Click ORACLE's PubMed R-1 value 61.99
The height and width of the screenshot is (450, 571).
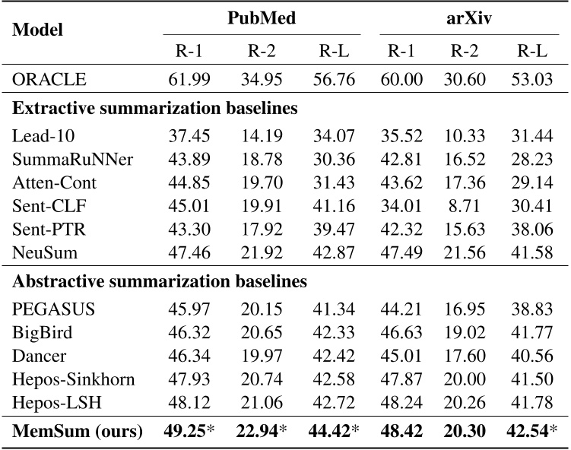pyautogui.click(x=188, y=80)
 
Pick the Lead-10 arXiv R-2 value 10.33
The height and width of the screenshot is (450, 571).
pyautogui.click(x=465, y=135)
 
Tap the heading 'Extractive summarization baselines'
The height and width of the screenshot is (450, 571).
pyautogui.click(x=154, y=108)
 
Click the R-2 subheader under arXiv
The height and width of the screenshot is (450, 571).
pyautogui.click(x=465, y=51)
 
